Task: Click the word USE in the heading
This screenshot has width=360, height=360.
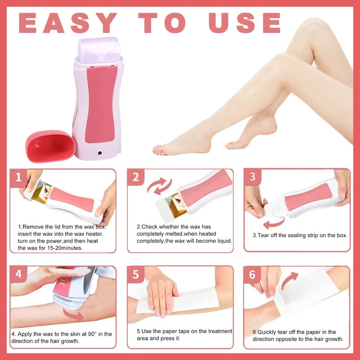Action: [x=245, y=23]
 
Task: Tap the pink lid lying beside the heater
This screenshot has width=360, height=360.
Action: [x=50, y=146]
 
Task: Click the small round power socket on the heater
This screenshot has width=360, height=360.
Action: [x=100, y=153]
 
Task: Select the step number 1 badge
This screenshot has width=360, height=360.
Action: [x=18, y=177]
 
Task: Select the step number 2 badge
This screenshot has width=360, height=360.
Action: [x=136, y=177]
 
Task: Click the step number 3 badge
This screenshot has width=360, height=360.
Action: [x=252, y=177]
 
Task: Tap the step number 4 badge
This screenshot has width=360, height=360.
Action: [x=18, y=274]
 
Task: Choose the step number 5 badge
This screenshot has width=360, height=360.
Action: [x=136, y=274]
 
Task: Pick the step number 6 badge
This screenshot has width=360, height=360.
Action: [x=252, y=274]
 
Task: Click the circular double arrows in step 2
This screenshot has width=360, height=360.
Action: [x=159, y=186]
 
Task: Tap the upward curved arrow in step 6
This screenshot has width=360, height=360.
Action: [x=289, y=280]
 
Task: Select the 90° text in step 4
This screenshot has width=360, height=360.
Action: [x=92, y=334]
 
